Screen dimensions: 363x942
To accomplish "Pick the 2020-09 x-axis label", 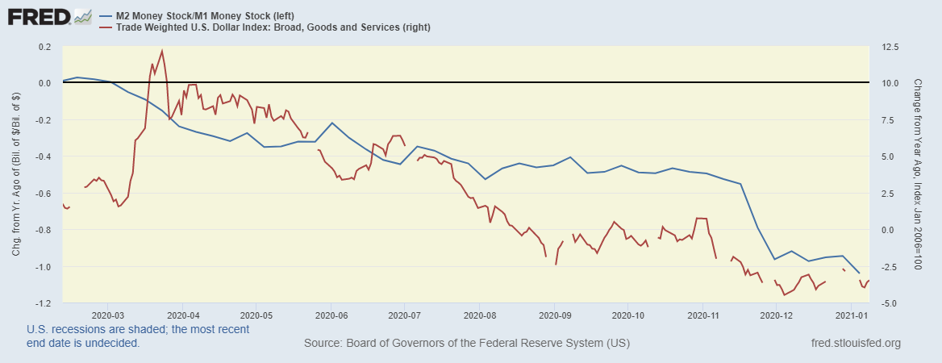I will [554, 315].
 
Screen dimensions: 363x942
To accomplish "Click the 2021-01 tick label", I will [852, 315].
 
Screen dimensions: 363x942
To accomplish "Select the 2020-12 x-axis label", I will [777, 315].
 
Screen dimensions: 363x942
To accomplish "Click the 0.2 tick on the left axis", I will [44, 47].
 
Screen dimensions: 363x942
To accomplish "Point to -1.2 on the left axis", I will [42, 303].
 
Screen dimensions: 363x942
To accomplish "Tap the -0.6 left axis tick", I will [42, 194].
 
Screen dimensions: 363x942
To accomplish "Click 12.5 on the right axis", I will [888, 47].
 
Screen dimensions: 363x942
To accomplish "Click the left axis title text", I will [16, 175].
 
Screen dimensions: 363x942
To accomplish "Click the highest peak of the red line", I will [162, 51].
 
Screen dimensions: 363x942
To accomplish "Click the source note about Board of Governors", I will [467, 344].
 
